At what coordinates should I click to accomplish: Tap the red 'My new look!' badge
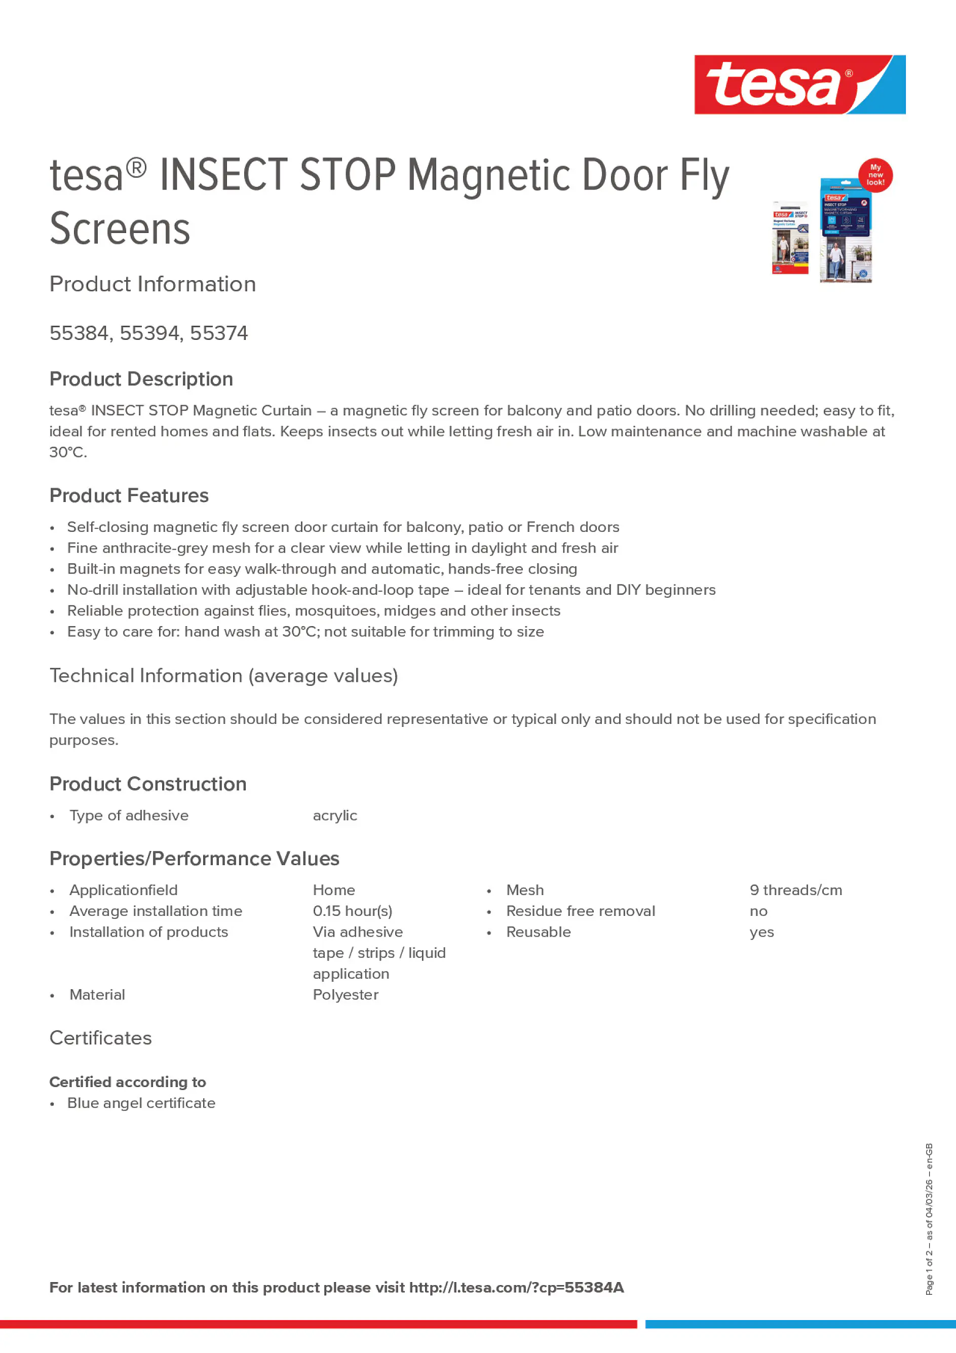tap(875, 175)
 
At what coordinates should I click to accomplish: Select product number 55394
tap(149, 333)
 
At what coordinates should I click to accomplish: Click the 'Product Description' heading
tap(141, 379)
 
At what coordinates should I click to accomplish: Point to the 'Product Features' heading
tap(129, 495)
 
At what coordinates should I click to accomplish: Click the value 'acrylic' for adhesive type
tap(335, 816)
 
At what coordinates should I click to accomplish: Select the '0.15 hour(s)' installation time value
tap(352, 911)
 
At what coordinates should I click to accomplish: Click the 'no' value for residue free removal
tap(758, 912)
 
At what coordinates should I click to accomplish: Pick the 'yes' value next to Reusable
tap(761, 932)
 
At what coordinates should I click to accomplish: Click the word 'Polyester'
tap(346, 995)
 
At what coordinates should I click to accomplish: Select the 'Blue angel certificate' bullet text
tap(141, 1103)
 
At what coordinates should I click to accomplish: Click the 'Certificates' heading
tap(100, 1038)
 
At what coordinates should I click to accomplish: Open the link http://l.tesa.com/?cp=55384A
tap(516, 1288)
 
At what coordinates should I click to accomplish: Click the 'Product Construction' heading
tap(147, 784)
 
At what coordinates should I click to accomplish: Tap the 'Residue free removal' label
tap(580, 911)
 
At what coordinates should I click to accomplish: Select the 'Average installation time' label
tap(156, 911)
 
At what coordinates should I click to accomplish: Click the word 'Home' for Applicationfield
tap(333, 890)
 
